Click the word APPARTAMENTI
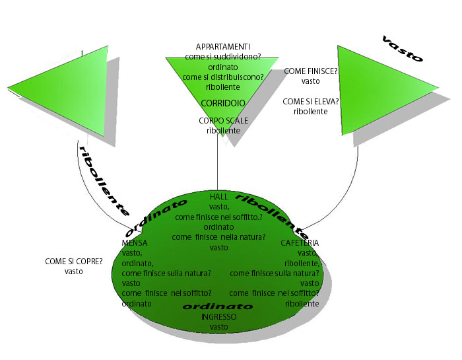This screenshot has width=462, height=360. coord(222,47)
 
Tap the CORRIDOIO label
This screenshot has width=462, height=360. coord(223,103)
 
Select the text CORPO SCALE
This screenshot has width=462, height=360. coord(222,121)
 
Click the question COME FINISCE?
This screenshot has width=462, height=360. coord(311,71)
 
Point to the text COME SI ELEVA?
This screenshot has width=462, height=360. coord(311,102)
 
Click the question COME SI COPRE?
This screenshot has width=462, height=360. coord(74,262)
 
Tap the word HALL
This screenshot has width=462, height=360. coord(219,197)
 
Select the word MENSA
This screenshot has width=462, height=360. coord(135,243)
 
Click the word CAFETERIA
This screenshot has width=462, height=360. coord(300,243)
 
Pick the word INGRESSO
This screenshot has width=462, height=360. coord(218,317)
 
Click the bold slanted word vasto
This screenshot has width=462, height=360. coord(403,49)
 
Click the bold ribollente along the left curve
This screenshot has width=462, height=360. coord(103,179)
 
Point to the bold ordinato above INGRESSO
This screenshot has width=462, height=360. coord(218,307)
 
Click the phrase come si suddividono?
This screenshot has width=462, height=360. coord(222,57)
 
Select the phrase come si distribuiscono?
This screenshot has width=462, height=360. coord(222,77)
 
